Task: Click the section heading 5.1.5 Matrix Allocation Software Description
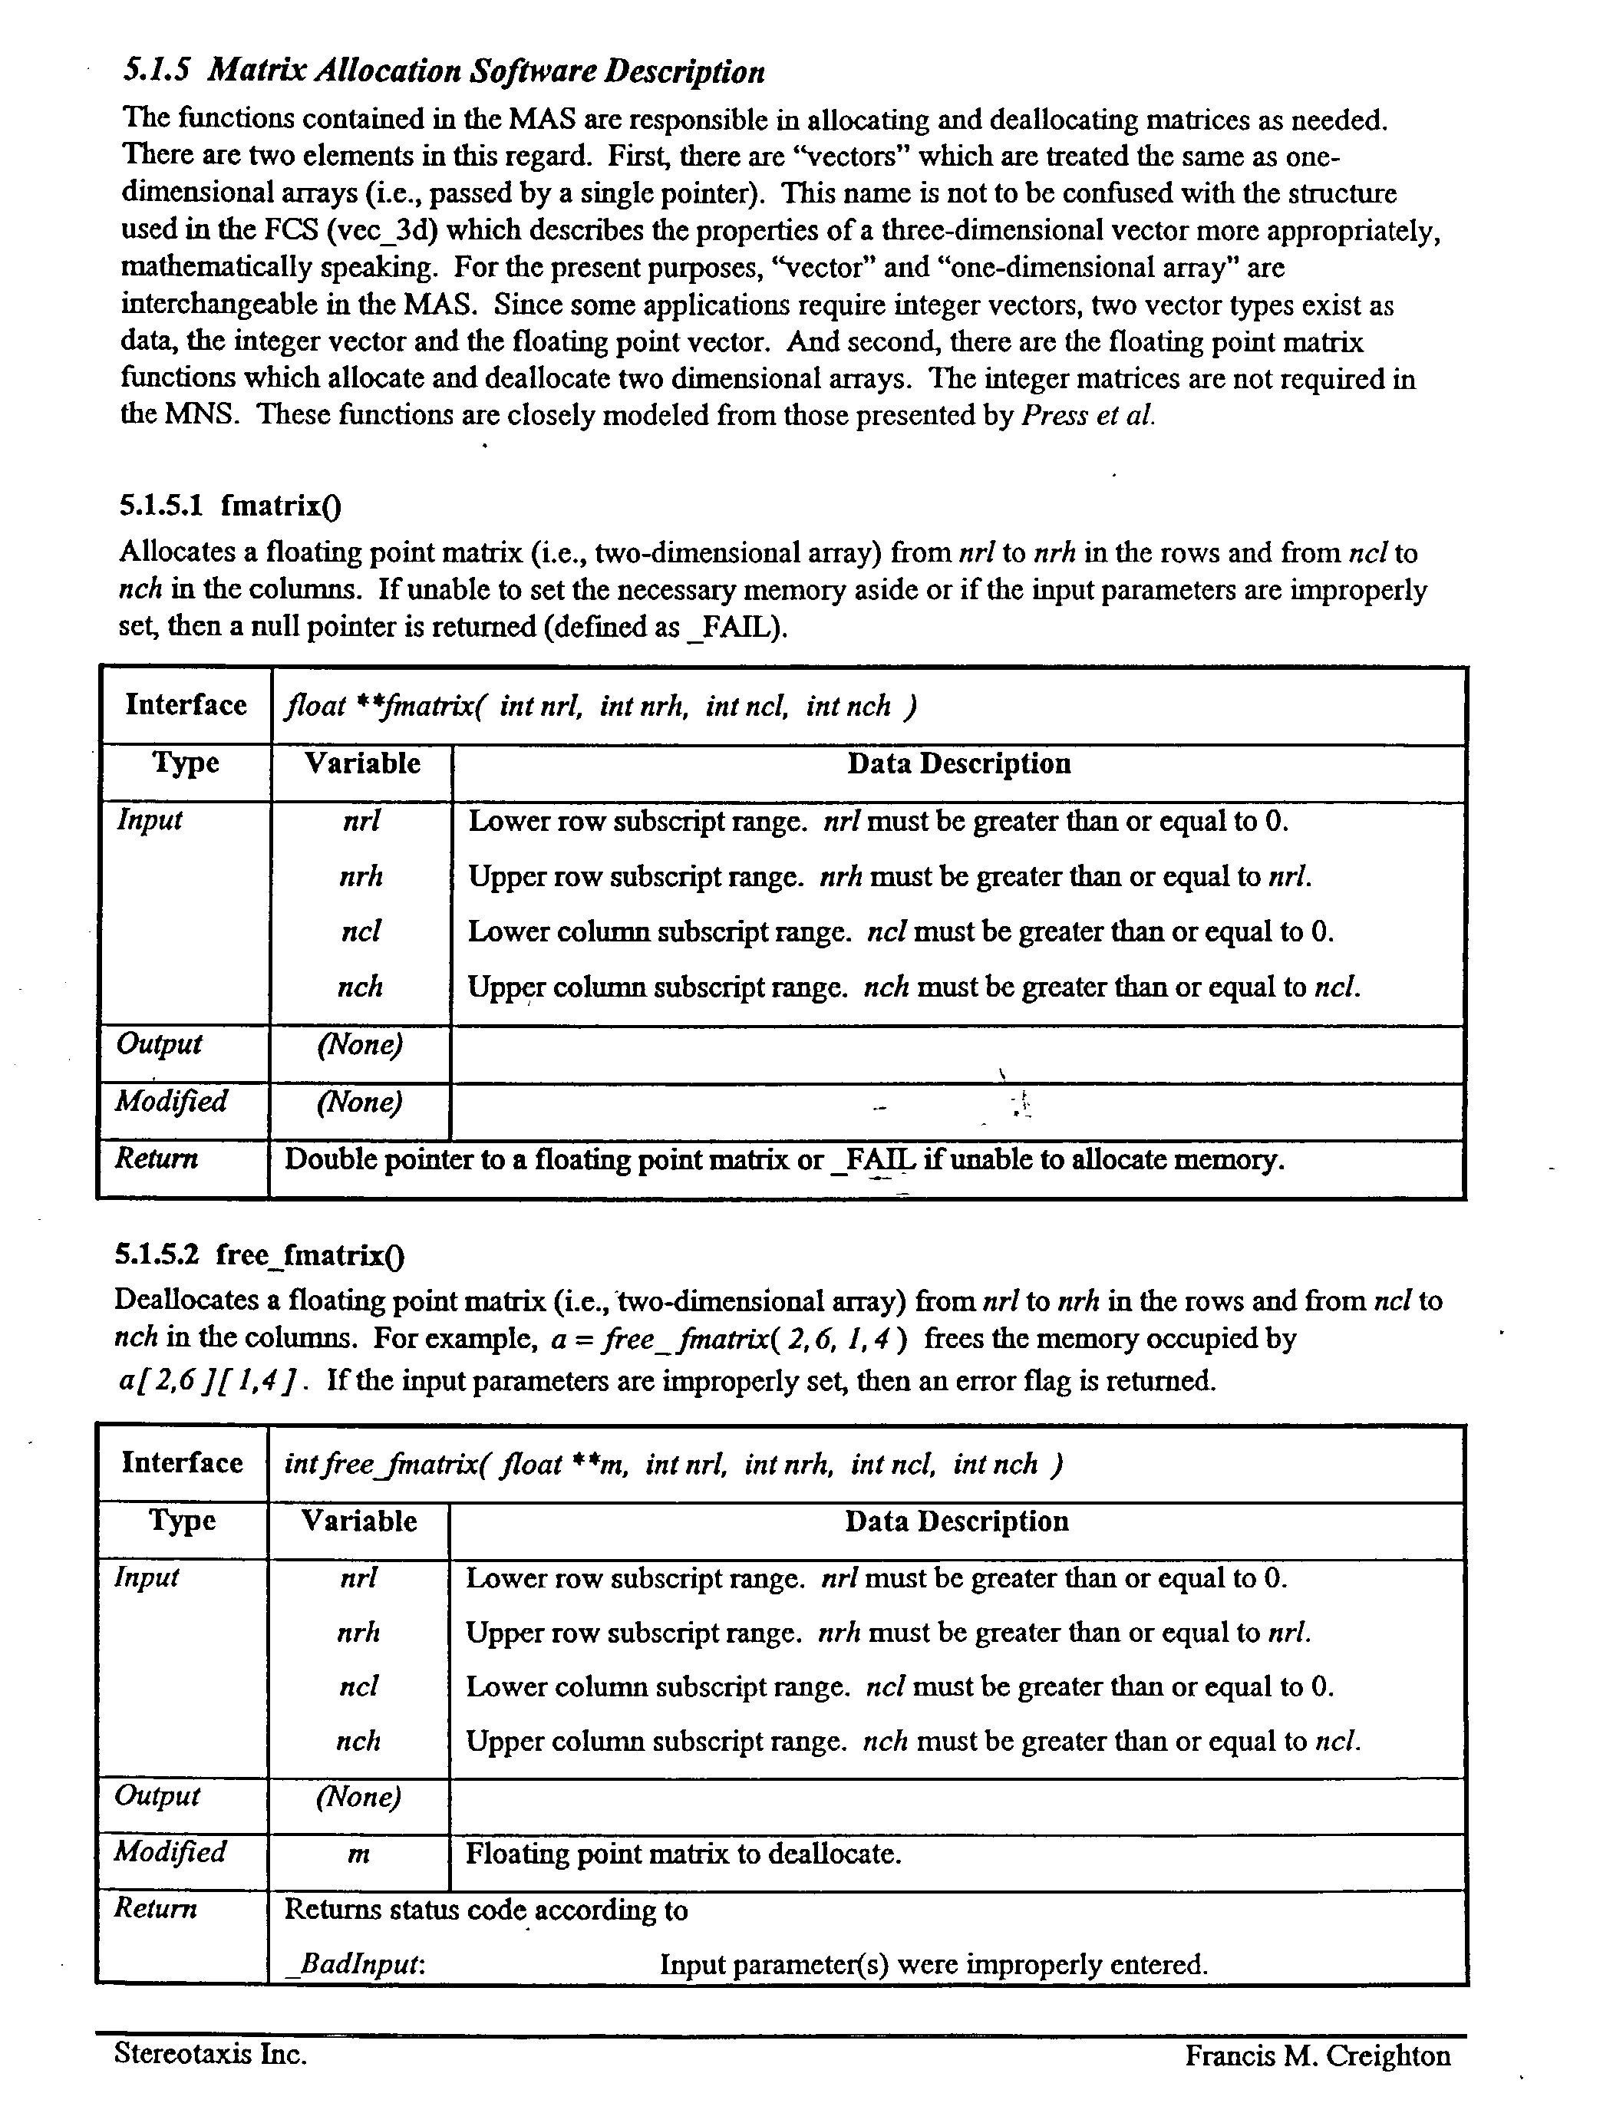(444, 72)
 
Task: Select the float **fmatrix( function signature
(600, 707)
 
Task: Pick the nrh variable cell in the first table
(361, 875)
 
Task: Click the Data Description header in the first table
(958, 763)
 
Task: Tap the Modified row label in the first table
(171, 1100)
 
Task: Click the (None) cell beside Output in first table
(360, 1044)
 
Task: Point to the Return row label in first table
(157, 1159)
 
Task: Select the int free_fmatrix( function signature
(672, 1464)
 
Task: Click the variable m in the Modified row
(358, 1854)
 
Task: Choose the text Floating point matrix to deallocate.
(683, 1854)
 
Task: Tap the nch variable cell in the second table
(358, 1741)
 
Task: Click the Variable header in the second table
(359, 1521)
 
